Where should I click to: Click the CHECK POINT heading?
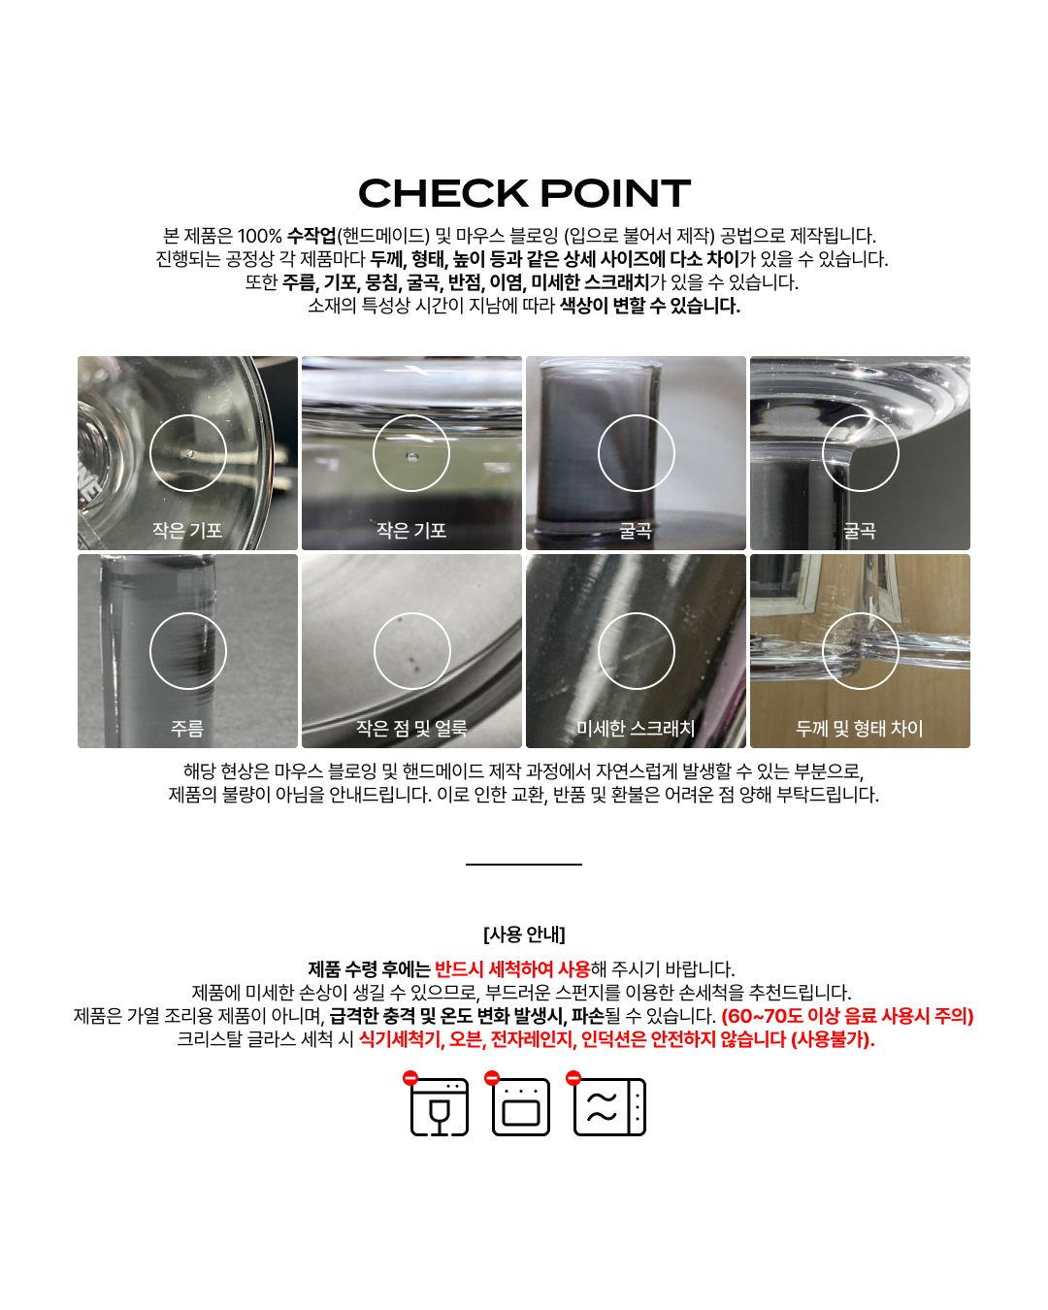524,193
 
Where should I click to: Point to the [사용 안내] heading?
524,934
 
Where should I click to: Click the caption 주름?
187,728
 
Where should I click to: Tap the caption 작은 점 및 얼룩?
411,728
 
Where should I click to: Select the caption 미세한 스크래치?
636,728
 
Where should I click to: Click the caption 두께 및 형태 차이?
860,728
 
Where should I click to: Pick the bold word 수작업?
311,236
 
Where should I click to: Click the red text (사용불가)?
833,1039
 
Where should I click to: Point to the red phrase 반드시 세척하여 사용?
512,968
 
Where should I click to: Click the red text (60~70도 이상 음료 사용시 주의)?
847,1016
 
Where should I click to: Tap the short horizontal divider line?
524,863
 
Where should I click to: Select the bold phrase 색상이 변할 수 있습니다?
649,306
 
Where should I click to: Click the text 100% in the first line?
259,236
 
